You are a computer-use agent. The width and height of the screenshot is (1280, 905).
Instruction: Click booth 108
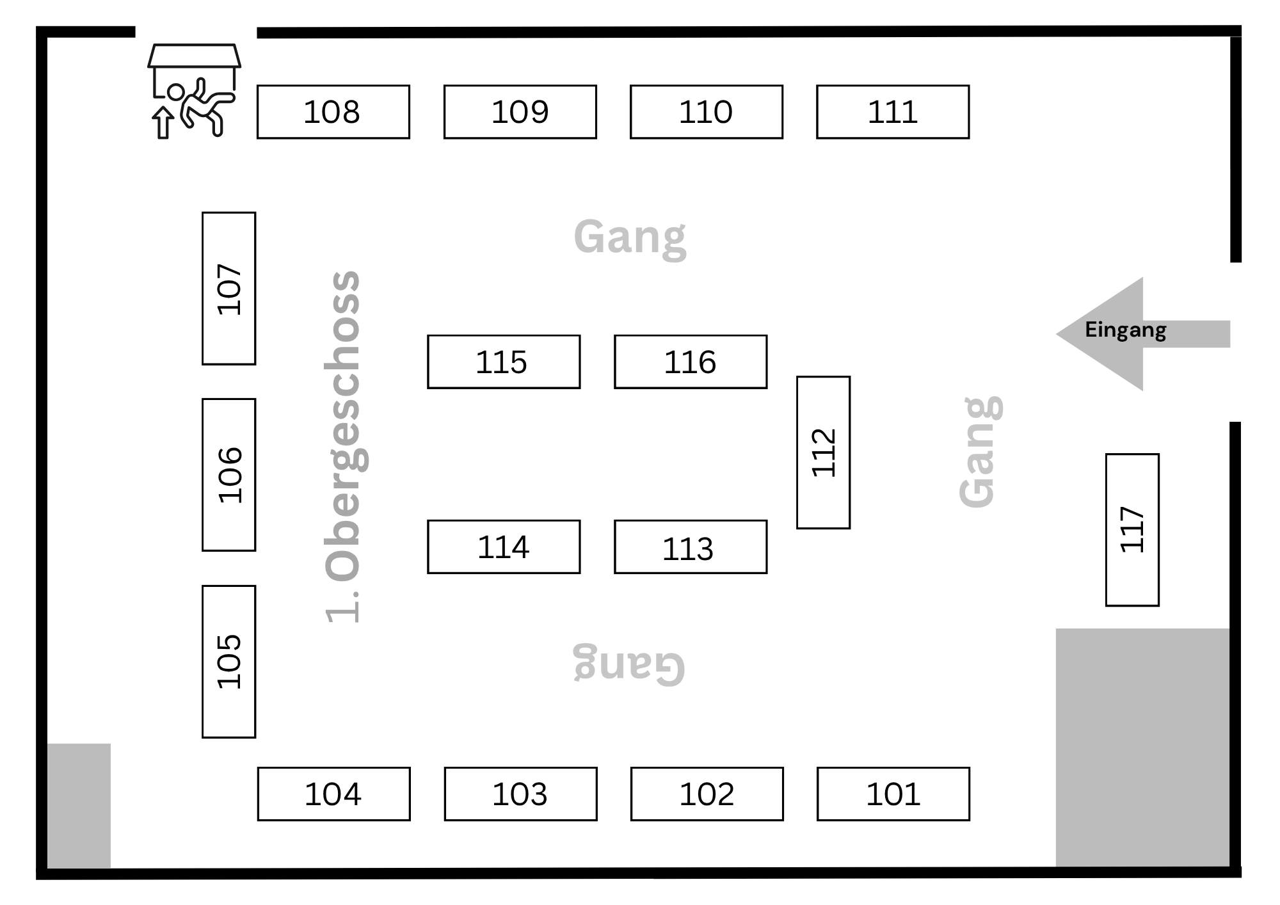click(x=333, y=112)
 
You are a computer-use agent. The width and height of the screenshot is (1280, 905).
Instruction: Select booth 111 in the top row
click(x=893, y=112)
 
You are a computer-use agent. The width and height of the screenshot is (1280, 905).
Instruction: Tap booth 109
click(x=520, y=112)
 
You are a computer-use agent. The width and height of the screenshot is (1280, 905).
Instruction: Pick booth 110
click(x=706, y=112)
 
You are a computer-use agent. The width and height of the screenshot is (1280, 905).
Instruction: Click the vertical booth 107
click(x=228, y=289)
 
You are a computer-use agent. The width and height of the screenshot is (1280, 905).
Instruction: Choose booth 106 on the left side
click(x=228, y=475)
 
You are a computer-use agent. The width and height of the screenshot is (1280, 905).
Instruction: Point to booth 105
click(x=228, y=661)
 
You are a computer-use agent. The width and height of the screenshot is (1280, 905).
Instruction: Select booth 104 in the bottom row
click(x=333, y=794)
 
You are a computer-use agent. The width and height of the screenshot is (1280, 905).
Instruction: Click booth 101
click(x=893, y=794)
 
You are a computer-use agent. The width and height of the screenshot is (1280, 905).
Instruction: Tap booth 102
click(x=707, y=794)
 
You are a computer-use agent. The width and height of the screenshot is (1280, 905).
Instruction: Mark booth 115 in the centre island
click(x=504, y=362)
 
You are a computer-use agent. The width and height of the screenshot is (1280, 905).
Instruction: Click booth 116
click(x=691, y=362)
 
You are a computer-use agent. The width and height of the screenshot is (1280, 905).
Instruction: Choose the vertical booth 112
click(x=823, y=452)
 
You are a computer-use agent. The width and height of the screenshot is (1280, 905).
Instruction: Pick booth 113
click(x=691, y=547)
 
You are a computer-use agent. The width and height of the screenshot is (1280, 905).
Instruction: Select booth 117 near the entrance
click(x=1132, y=530)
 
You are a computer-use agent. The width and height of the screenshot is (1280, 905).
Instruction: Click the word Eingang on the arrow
click(x=1125, y=330)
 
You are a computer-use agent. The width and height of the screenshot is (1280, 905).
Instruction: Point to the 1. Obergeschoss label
click(x=344, y=447)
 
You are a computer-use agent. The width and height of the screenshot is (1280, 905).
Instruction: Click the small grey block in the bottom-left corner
click(x=79, y=805)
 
